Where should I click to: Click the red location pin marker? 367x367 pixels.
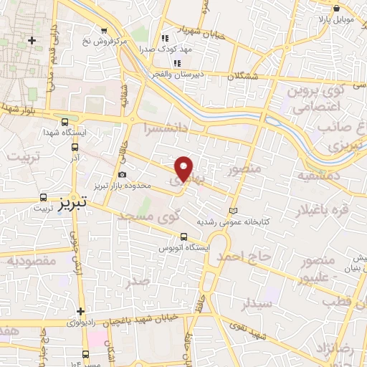(184, 168)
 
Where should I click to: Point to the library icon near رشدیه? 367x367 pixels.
(232, 210)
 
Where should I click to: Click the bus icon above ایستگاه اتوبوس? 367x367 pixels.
(184, 237)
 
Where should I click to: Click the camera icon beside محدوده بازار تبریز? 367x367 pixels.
(123, 175)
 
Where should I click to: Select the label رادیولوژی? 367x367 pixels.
(81, 323)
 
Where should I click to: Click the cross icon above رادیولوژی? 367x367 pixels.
(81, 312)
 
